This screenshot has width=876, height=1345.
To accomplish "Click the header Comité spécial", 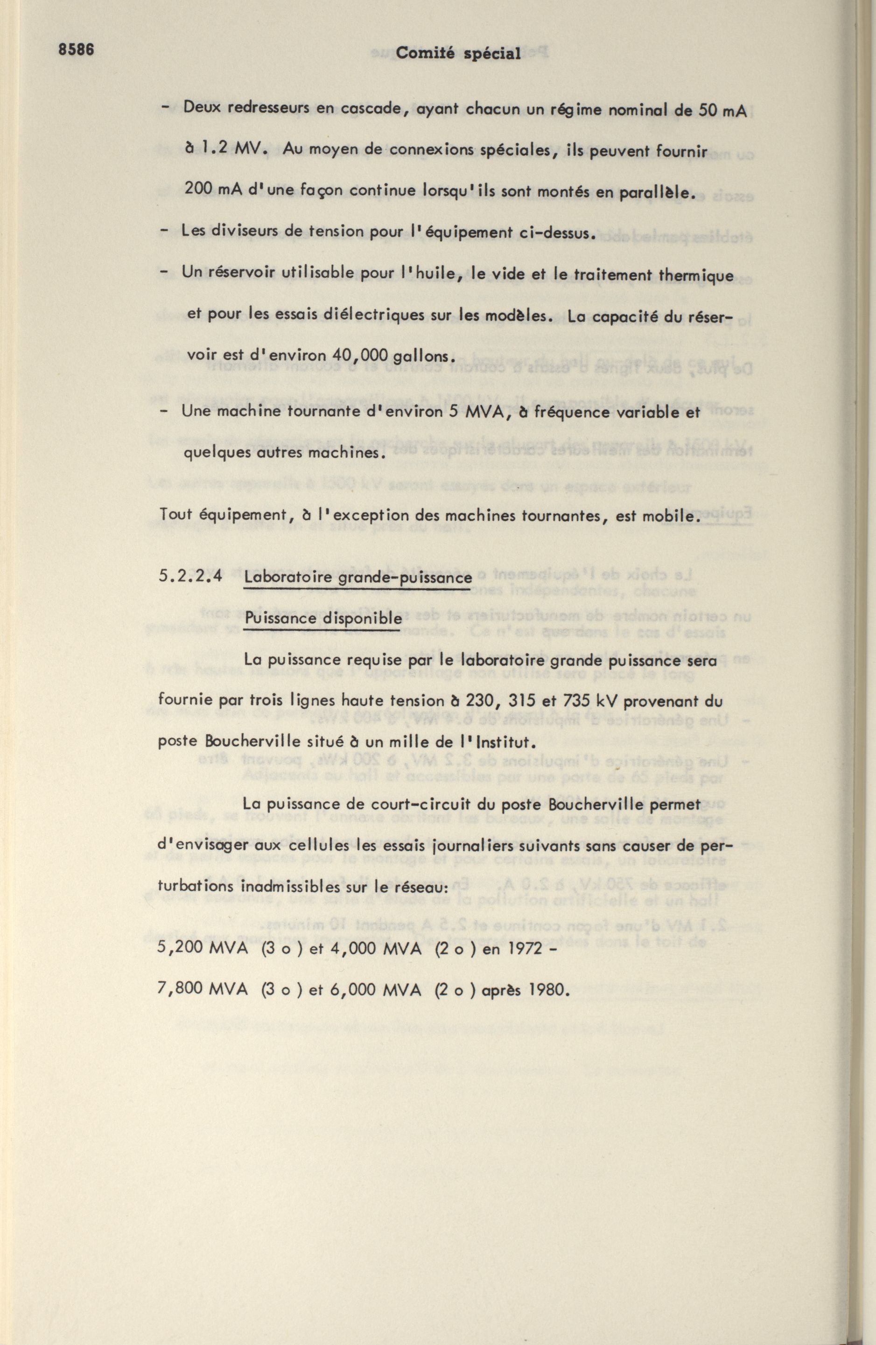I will point(458,54).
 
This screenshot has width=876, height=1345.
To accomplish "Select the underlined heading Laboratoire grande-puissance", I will point(358,578).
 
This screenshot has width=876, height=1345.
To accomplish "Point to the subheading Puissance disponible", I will point(323,619).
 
